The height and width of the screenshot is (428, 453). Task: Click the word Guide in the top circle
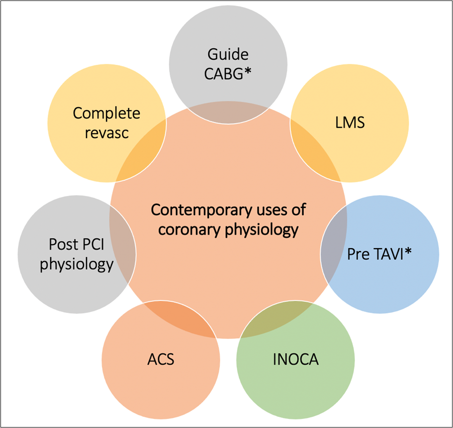coord(228,54)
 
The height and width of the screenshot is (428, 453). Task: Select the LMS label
coord(350,122)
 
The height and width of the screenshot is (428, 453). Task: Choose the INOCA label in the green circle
coord(295,360)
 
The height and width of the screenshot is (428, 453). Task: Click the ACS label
coord(161,360)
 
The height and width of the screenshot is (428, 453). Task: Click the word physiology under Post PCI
coord(76,264)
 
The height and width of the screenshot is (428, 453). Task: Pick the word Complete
coord(107,113)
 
